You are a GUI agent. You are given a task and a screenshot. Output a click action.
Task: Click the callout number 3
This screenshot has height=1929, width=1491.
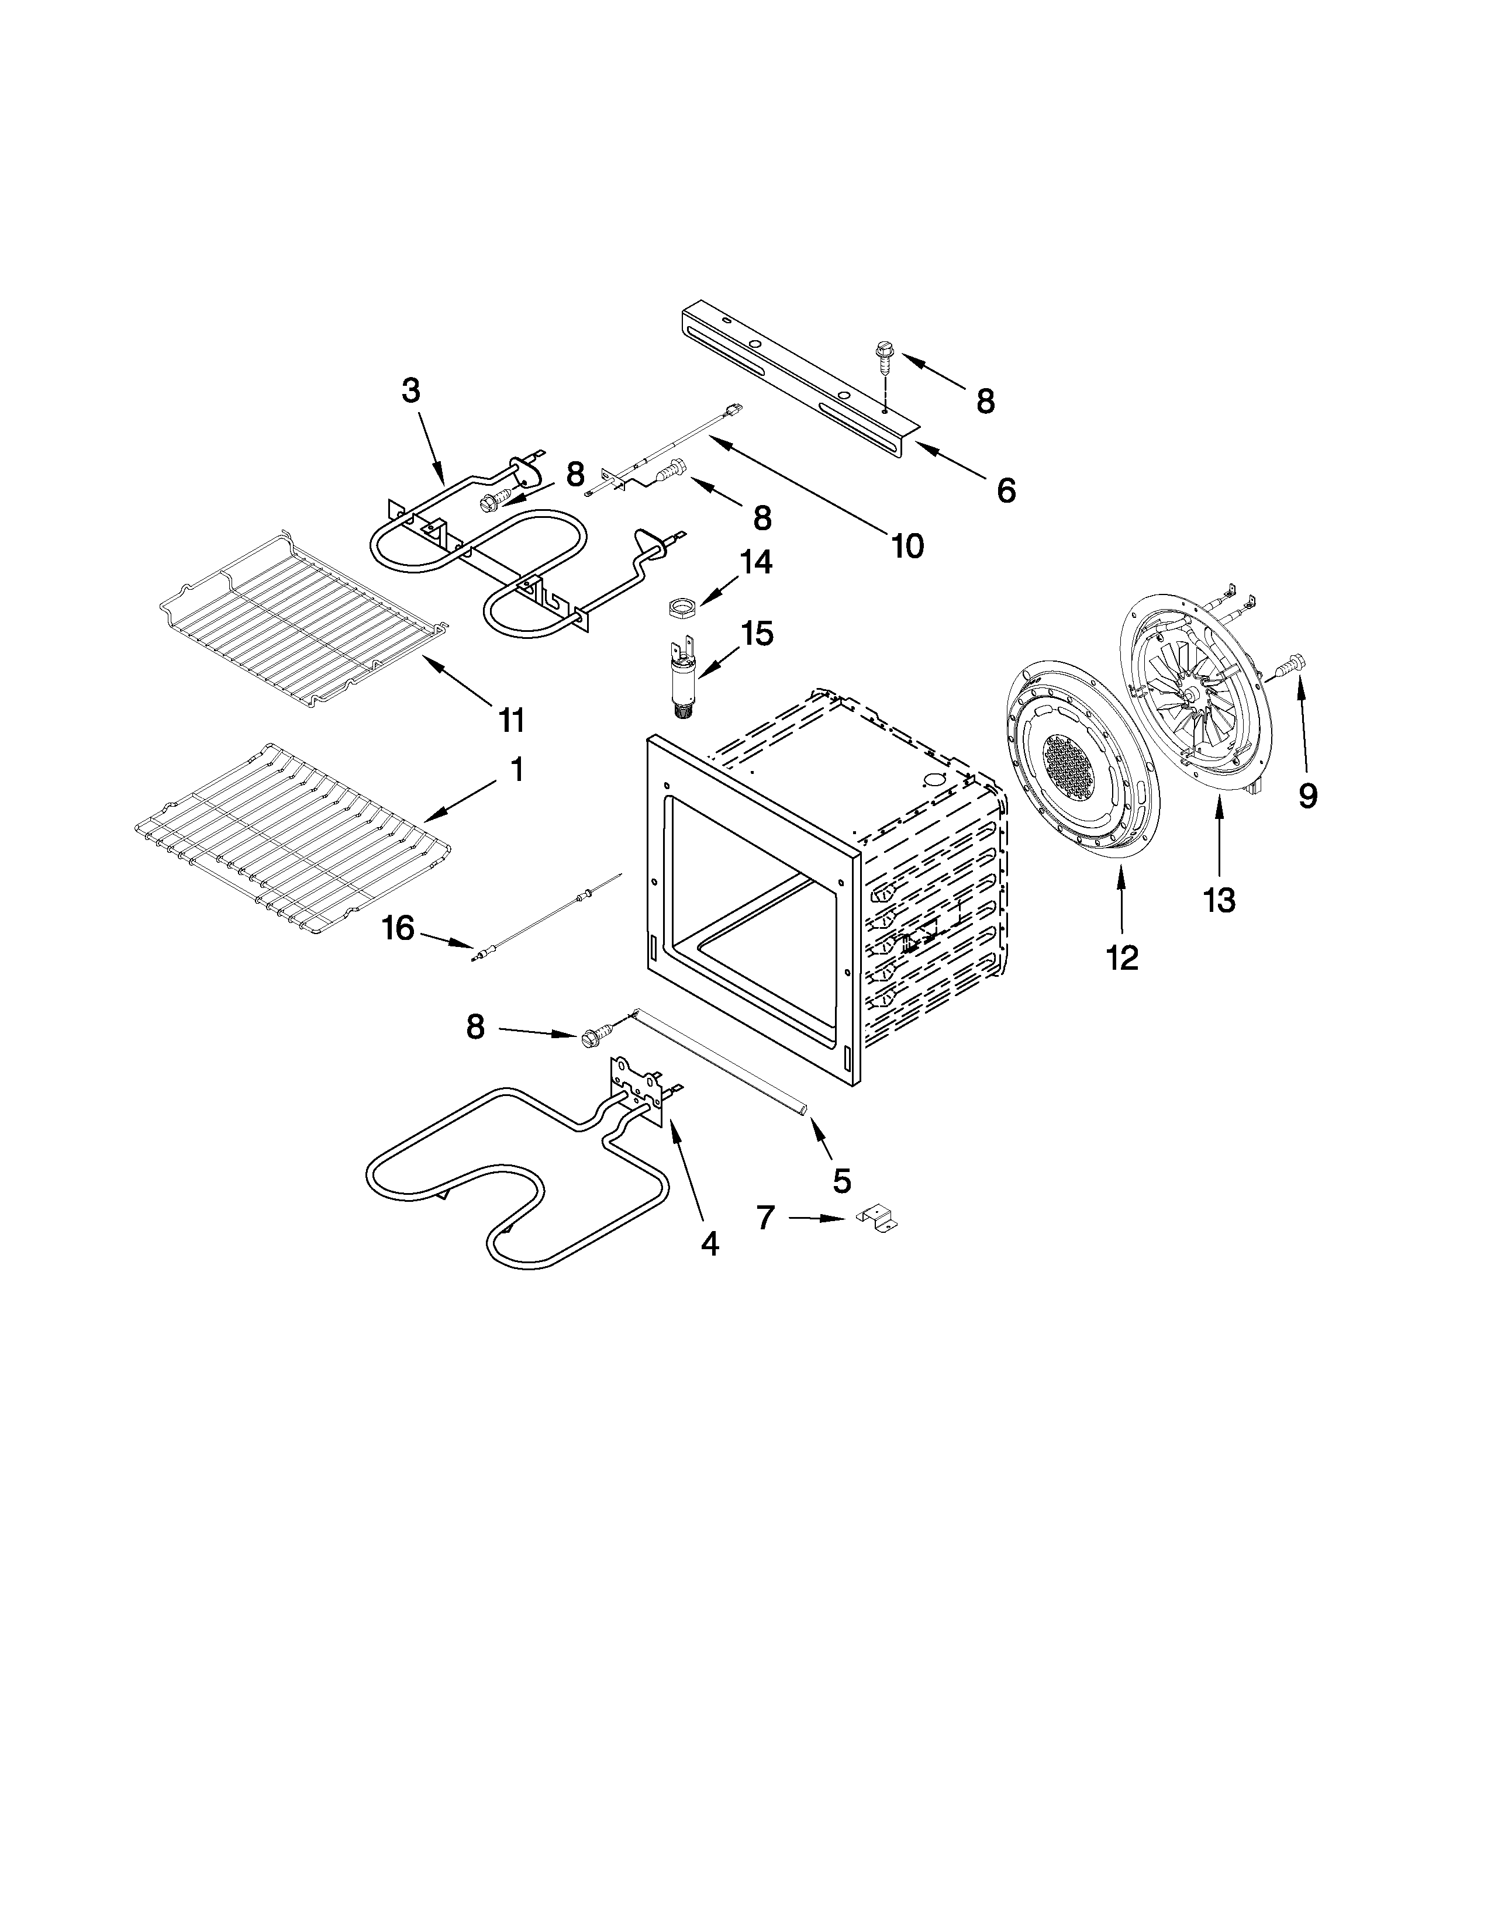410,390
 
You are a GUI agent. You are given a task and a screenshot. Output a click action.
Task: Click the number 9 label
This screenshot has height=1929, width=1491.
1308,796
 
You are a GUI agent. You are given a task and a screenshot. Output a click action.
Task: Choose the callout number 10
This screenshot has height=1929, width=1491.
907,546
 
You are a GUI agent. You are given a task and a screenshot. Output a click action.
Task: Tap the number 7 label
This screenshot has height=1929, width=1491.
766,1218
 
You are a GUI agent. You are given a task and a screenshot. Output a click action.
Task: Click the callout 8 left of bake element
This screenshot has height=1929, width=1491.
475,1026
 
